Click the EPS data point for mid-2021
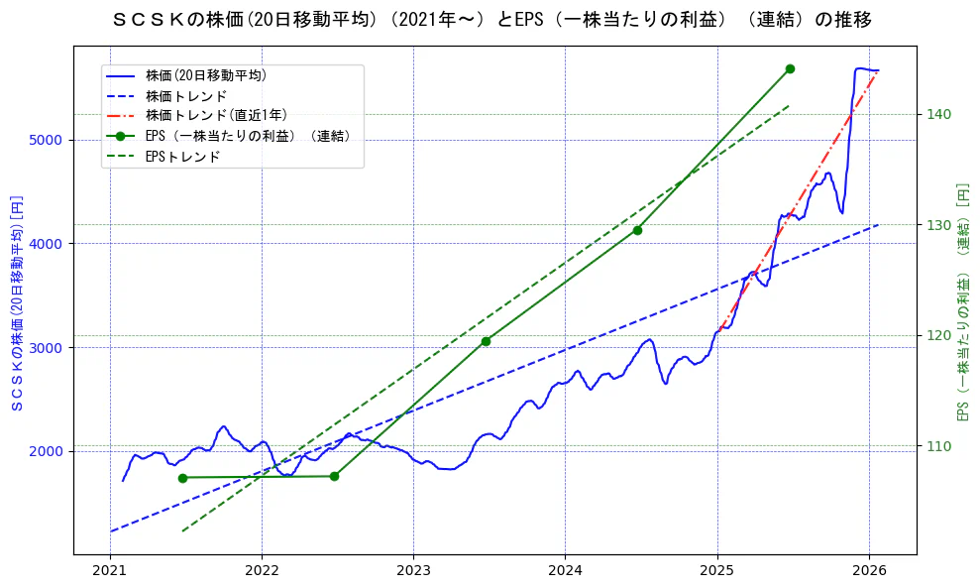[182, 478]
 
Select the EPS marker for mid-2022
[334, 476]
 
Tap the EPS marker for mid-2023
[486, 341]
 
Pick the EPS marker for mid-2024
[637, 230]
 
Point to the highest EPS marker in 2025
[790, 68]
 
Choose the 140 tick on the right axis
[938, 114]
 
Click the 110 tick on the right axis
[938, 445]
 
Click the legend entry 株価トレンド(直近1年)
[216, 115]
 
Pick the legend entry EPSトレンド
[182, 156]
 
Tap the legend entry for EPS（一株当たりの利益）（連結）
[248, 136]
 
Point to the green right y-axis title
[962, 302]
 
